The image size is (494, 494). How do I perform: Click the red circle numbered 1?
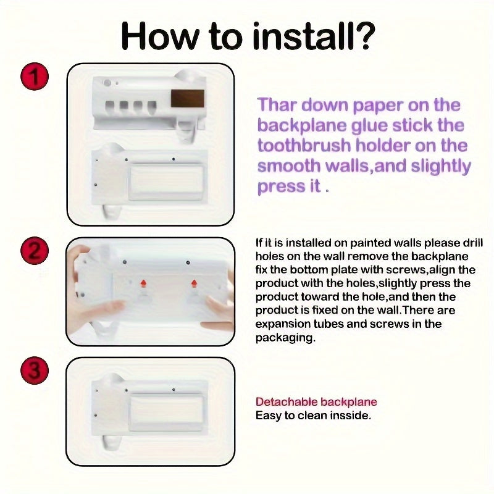click(x=35, y=77)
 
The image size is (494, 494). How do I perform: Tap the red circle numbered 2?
click(x=35, y=251)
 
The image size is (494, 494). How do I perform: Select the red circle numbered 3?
click(x=35, y=370)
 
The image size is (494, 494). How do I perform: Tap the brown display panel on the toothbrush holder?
click(x=188, y=98)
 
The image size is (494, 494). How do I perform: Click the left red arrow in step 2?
click(x=144, y=283)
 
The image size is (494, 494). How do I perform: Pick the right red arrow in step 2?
click(x=195, y=283)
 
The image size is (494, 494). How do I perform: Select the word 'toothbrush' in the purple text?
click(x=304, y=146)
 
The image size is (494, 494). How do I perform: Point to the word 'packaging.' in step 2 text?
click(x=285, y=338)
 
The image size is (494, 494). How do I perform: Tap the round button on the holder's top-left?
click(x=107, y=83)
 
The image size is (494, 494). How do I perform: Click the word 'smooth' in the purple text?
click(x=288, y=165)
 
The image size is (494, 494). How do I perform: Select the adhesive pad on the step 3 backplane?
click(x=166, y=412)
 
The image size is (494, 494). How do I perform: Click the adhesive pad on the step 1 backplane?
click(x=166, y=181)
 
